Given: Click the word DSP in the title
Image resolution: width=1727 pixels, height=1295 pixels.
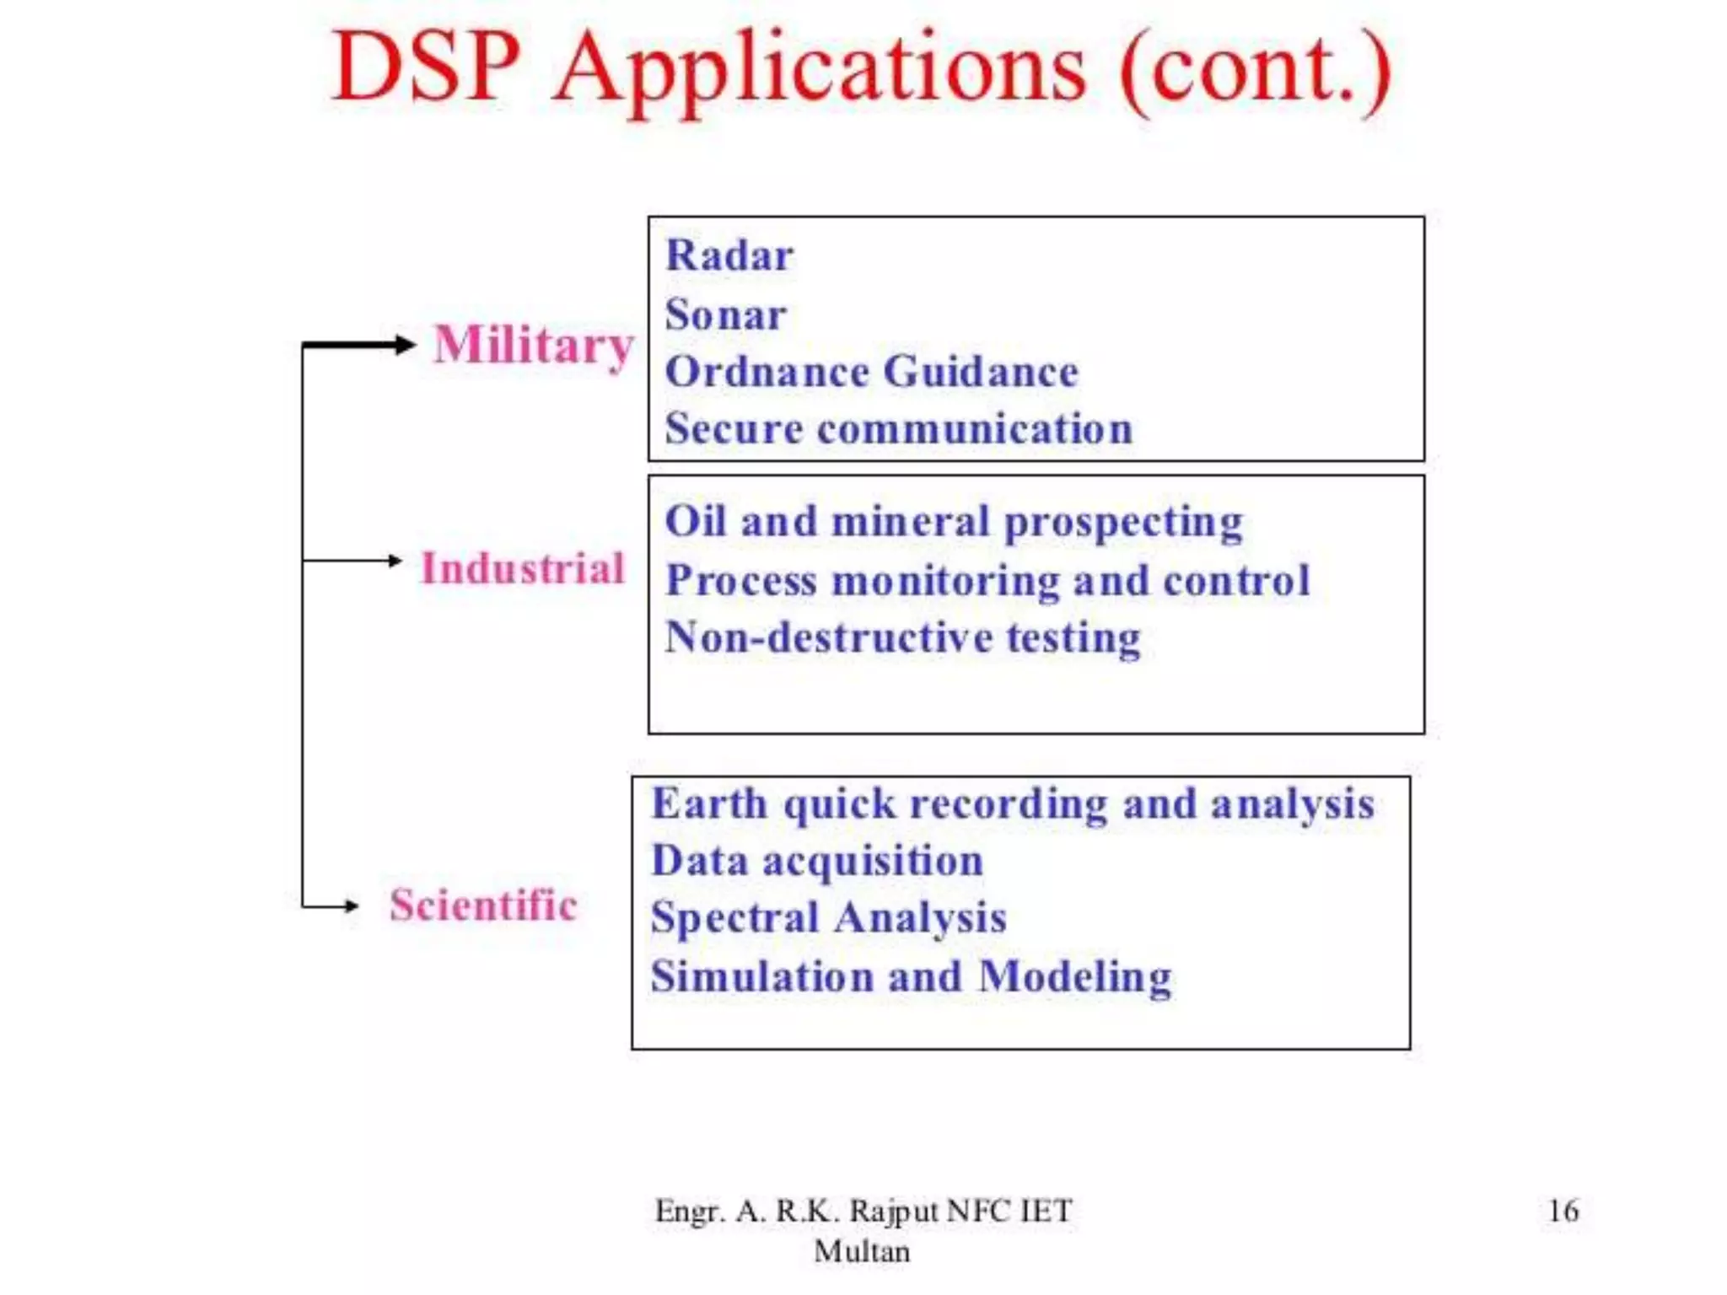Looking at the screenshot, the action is point(426,67).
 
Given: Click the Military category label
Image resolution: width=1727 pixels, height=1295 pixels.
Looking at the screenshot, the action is point(533,346).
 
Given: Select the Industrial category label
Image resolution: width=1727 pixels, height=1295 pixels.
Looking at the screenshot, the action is point(523,567).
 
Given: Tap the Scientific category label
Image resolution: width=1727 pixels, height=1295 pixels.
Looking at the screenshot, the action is point(483,905).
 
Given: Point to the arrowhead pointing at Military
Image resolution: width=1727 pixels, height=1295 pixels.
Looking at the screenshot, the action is point(406,344).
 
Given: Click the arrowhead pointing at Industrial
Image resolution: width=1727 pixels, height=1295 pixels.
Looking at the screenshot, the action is point(395,560).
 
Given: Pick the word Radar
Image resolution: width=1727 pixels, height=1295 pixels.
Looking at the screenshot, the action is point(729,255).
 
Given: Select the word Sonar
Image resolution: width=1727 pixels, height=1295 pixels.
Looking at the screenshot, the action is point(725,314).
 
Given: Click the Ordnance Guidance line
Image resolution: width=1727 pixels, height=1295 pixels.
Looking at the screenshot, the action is point(871,372).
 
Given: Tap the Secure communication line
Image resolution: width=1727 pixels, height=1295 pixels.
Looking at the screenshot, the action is point(898,428).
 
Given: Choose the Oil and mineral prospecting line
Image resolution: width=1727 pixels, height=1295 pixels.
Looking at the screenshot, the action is point(954,521).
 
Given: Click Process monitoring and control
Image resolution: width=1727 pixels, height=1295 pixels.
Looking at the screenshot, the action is point(987,580).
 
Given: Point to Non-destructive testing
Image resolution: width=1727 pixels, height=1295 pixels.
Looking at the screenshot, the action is point(902,637).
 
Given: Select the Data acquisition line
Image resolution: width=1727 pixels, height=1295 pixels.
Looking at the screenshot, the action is point(817,861).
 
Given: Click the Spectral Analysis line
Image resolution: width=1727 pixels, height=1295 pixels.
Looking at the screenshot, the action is point(828,917).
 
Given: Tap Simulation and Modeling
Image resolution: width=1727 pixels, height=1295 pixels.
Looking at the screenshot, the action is point(911,976).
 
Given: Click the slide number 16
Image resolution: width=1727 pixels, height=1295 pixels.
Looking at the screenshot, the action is point(1563,1211).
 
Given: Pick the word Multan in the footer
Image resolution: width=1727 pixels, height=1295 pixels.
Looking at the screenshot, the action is point(862,1251).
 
